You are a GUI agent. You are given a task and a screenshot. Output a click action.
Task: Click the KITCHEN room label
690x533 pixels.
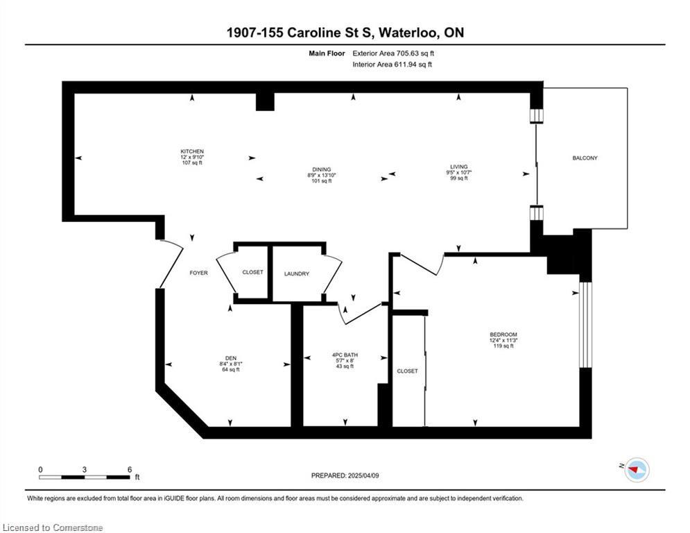point(192,151)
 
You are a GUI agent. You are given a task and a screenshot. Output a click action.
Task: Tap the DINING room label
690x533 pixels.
point(321,169)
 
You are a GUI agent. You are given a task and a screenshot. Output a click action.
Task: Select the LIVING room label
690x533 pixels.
point(458,167)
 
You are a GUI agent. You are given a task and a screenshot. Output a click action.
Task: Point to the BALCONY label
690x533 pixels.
point(585,158)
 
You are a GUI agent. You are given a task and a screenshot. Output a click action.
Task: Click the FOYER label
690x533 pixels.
point(198,273)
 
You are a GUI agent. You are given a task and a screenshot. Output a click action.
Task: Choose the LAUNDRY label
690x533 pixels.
point(297,274)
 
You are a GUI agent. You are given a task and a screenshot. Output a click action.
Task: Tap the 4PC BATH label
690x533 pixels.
point(345,355)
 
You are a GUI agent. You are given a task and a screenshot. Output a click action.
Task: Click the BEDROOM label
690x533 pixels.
point(503,335)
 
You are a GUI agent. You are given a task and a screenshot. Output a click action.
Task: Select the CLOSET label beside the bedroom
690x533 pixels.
point(407,371)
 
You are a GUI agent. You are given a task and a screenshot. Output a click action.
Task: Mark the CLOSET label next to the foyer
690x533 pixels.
point(252,273)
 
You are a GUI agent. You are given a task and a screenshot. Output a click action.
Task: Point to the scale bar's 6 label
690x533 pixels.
point(130,470)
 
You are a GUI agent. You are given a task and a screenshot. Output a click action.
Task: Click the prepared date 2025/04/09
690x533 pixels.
point(363,475)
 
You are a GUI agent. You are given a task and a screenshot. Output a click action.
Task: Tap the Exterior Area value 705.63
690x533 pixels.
point(406,53)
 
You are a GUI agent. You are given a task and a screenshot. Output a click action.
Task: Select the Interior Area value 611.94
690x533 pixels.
point(404,65)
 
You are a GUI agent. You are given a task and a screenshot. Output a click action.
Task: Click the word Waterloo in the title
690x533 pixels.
point(408,33)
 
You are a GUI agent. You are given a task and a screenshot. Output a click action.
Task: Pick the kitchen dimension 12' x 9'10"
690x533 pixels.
point(192,158)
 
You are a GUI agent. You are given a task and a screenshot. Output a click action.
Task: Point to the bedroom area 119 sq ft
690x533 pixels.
point(503,346)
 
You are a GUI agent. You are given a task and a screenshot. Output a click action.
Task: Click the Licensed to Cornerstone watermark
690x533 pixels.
point(53,527)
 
